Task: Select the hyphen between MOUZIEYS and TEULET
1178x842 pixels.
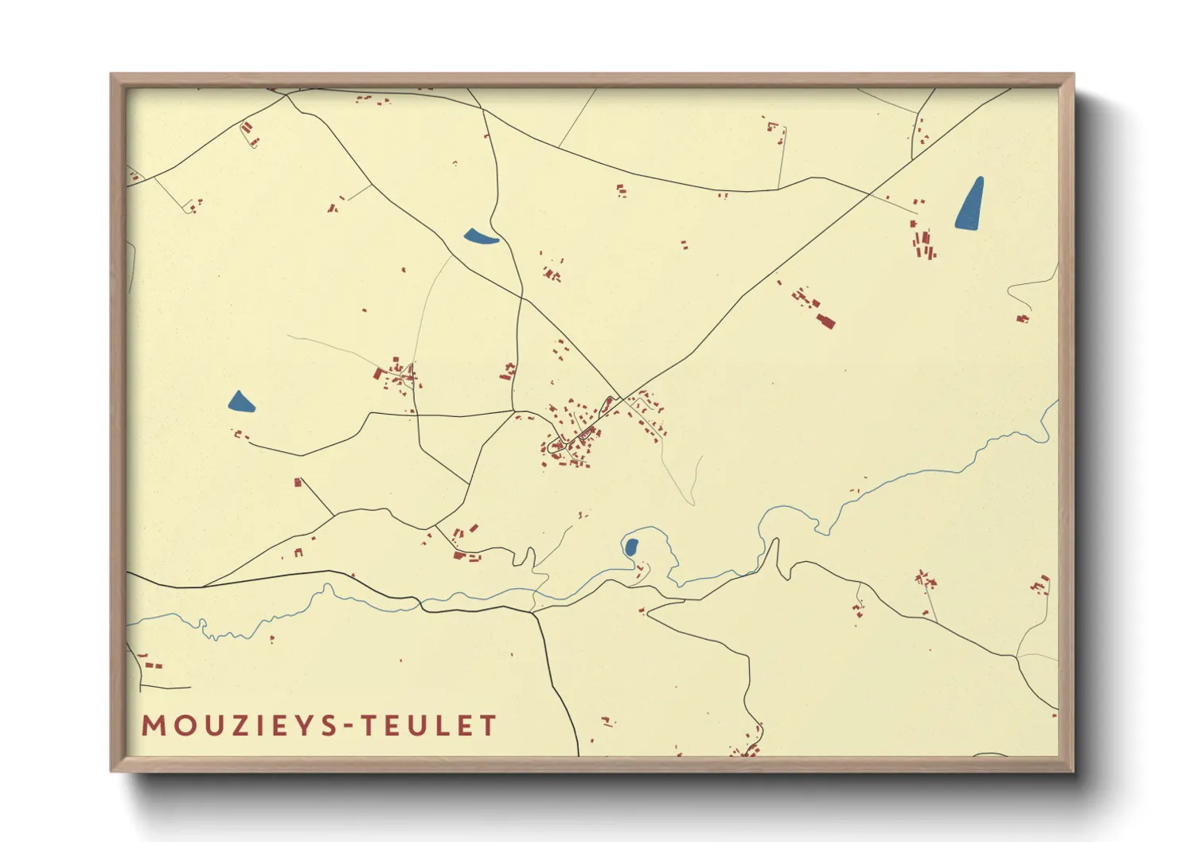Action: point(347,726)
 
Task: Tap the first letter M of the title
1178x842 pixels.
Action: point(153,726)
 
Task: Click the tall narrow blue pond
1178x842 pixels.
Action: point(970,204)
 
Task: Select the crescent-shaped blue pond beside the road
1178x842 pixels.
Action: point(480,236)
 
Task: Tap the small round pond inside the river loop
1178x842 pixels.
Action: point(630,548)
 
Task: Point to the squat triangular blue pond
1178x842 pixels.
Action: point(240,403)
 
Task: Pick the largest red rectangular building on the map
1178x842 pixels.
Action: point(825,320)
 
